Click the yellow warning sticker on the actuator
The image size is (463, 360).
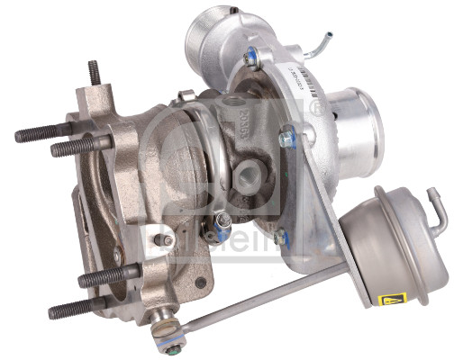[394, 299]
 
